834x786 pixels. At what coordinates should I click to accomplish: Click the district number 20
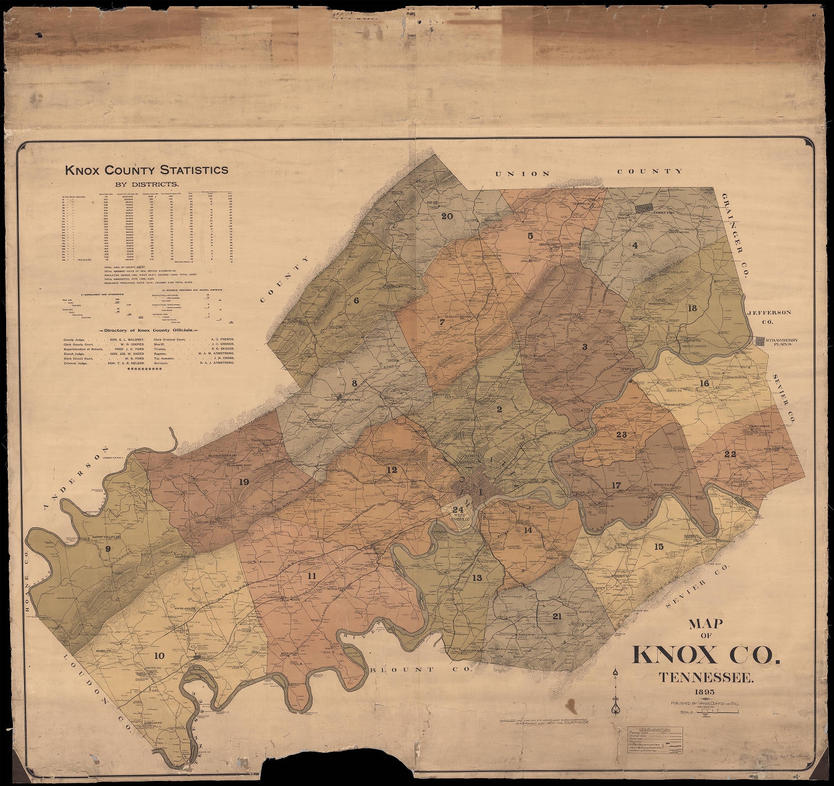click(x=447, y=216)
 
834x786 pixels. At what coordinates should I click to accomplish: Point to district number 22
click(x=730, y=454)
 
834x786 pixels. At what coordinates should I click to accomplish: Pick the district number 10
click(x=159, y=655)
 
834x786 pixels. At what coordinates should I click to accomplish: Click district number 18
click(x=692, y=308)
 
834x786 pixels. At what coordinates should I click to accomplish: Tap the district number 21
click(x=557, y=616)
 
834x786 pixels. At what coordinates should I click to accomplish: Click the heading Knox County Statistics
click(x=146, y=170)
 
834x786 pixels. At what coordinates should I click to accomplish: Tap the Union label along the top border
click(x=522, y=173)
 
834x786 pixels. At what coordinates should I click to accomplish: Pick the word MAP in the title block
click(x=707, y=625)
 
